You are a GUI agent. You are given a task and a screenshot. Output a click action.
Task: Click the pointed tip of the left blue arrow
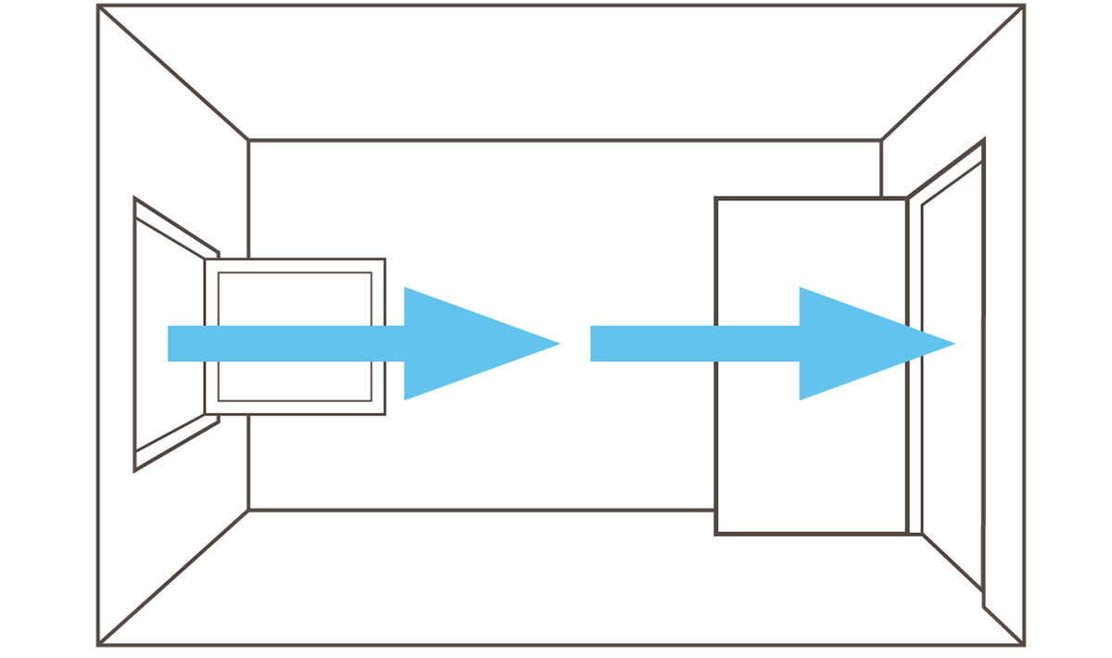tap(559, 344)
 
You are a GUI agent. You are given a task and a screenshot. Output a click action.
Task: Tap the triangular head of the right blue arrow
tap(862, 344)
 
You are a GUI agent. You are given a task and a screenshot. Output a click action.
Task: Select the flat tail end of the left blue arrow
tap(170, 344)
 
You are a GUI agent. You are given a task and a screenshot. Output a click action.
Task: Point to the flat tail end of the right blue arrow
tap(593, 344)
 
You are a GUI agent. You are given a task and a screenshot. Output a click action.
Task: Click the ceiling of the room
tap(556, 74)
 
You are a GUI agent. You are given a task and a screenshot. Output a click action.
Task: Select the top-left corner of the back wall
tap(248, 141)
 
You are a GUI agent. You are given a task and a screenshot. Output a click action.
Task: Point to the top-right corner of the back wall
tap(881, 141)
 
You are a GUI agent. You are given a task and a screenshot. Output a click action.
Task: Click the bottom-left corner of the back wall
tap(248, 510)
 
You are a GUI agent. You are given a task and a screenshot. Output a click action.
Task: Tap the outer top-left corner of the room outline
tap(98, 6)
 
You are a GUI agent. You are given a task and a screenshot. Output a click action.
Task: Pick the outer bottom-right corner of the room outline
tap(1024, 645)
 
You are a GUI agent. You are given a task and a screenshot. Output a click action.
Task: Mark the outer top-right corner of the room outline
tap(1024, 6)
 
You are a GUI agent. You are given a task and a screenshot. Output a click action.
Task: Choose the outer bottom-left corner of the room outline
tap(98, 645)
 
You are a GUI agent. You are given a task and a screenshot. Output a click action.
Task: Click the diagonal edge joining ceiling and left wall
tap(173, 73)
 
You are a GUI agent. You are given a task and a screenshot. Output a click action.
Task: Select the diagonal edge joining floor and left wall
tap(173, 577)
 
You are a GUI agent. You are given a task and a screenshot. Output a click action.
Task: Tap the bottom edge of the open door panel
tap(810, 534)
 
